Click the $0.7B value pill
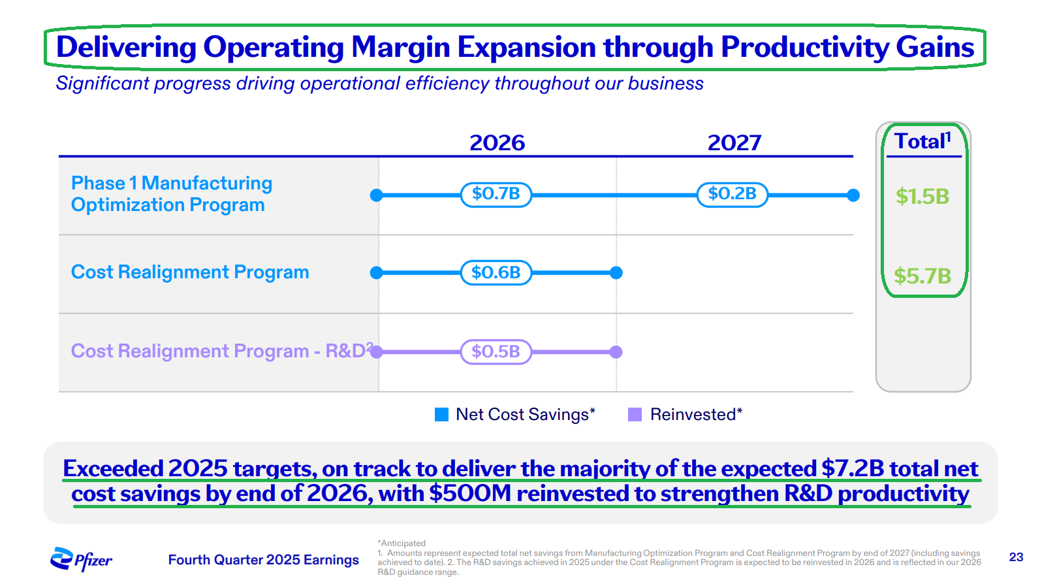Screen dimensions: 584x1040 click(496, 194)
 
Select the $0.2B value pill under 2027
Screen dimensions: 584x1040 click(732, 194)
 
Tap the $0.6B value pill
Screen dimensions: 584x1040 click(496, 272)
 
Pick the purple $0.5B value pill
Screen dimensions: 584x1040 click(496, 351)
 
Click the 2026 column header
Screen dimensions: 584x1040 click(497, 142)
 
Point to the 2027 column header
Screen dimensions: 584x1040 click(734, 142)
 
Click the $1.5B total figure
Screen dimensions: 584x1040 click(922, 196)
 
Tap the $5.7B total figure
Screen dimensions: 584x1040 click(922, 276)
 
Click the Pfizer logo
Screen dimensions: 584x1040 click(81, 559)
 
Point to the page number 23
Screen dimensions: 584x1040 click(1016, 557)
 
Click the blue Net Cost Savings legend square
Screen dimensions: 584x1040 click(442, 414)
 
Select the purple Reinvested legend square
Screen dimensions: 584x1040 click(635, 414)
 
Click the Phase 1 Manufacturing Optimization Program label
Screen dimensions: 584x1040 click(171, 194)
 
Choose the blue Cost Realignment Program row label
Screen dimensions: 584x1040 click(190, 272)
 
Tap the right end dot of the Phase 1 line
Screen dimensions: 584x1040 click(853, 195)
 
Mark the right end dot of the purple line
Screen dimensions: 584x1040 click(616, 352)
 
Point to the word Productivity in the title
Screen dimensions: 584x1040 click(804, 48)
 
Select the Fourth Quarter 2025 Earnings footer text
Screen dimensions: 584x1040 click(264, 560)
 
